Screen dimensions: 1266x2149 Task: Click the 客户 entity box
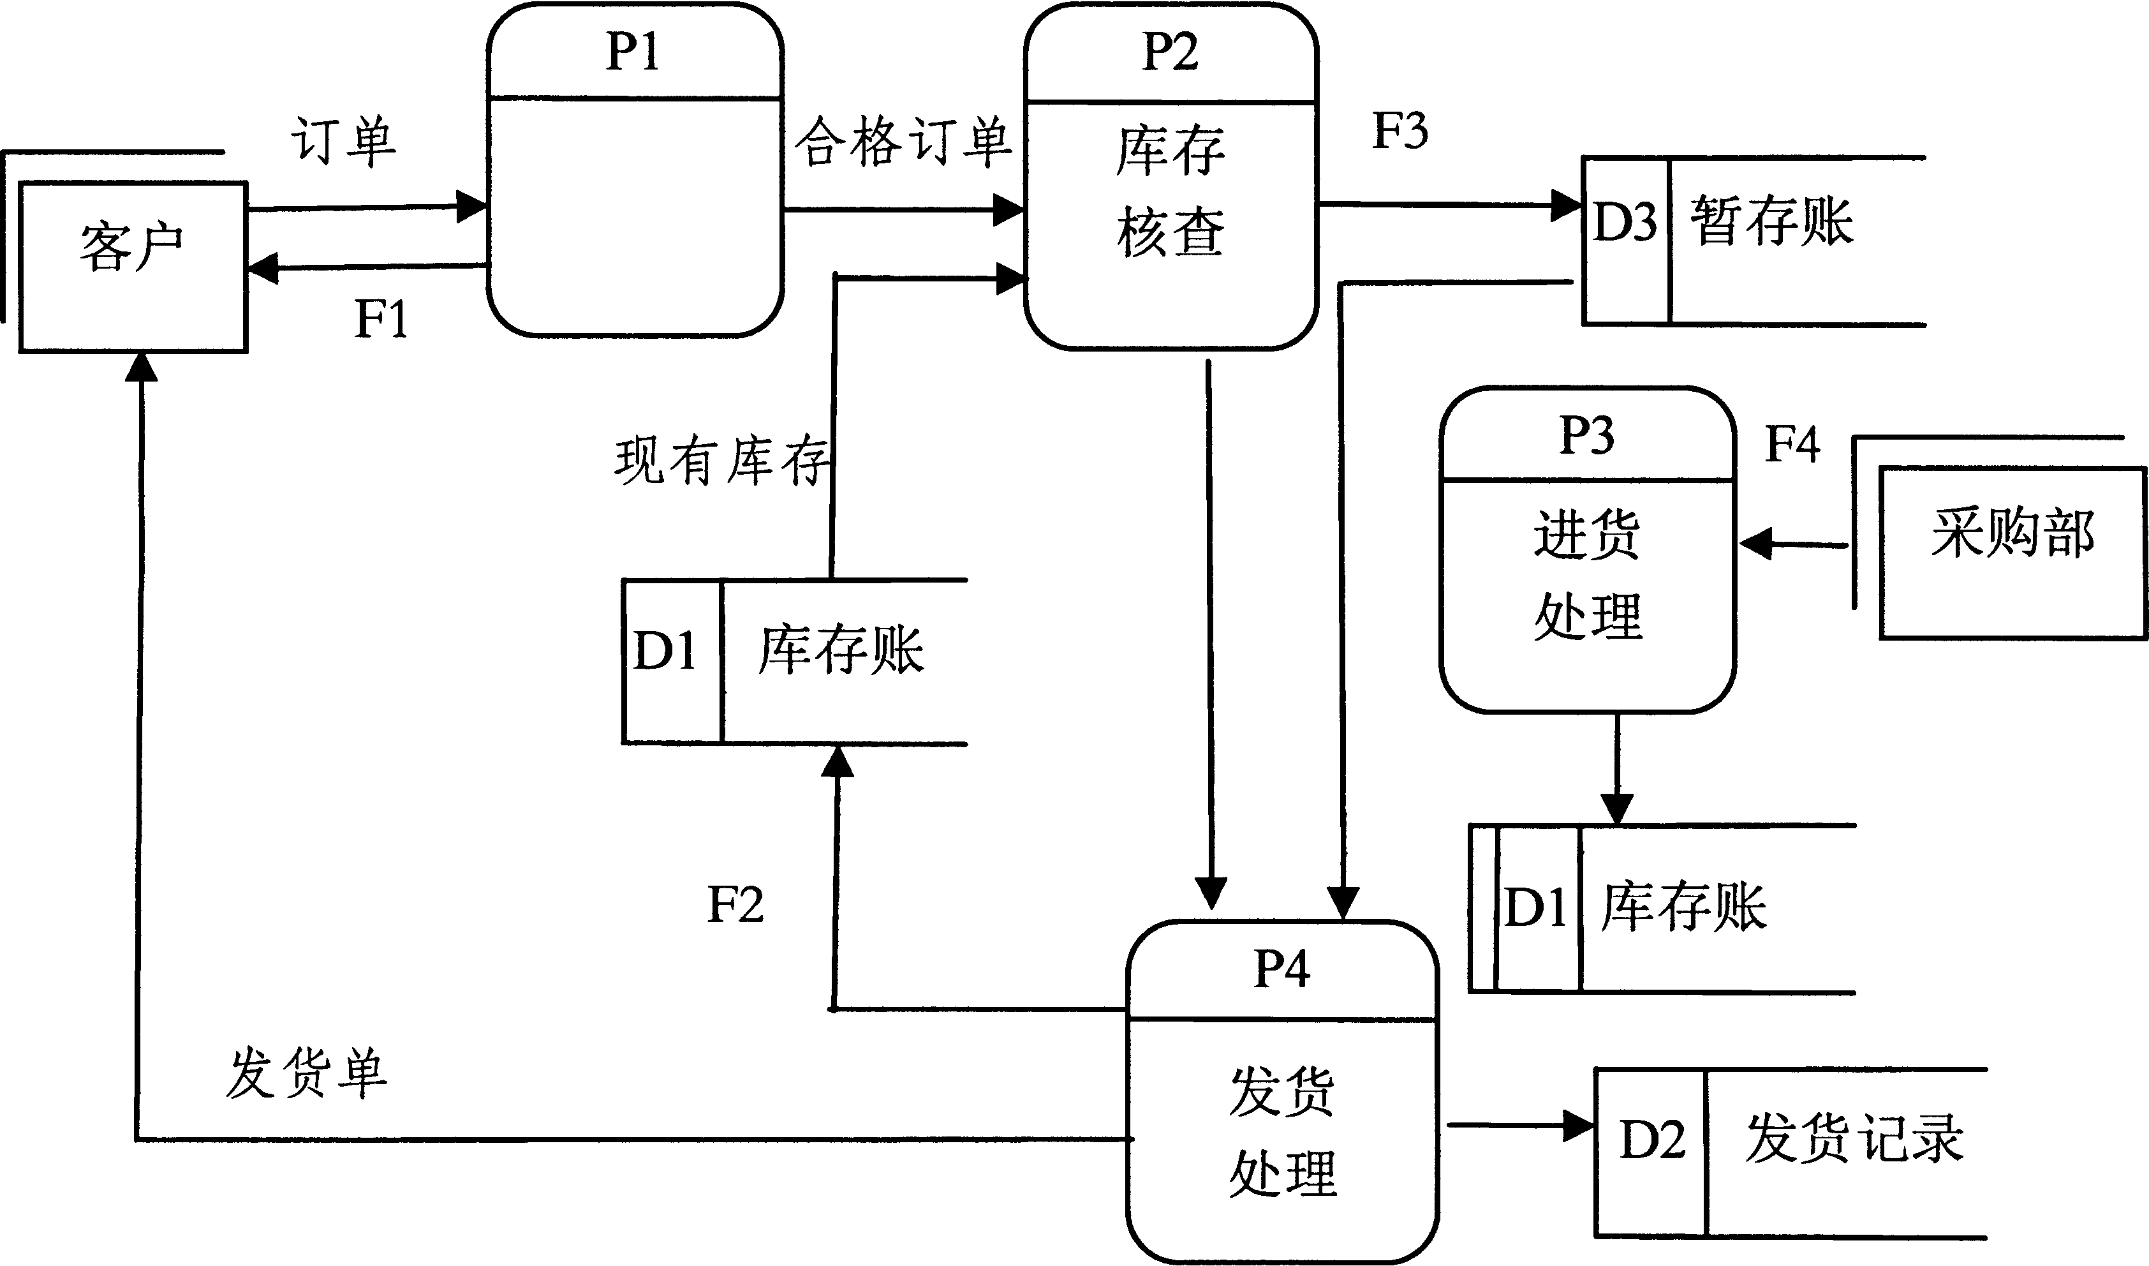(x=133, y=266)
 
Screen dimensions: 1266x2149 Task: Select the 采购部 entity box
(x=2012, y=552)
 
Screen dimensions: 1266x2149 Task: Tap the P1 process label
(x=633, y=53)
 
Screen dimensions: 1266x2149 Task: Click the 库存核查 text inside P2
(x=1170, y=192)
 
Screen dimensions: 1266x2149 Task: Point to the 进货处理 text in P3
(x=1587, y=576)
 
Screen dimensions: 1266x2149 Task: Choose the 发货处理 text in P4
(x=1281, y=1132)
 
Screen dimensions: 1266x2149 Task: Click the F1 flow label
(x=380, y=320)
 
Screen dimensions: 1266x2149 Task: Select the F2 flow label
(x=735, y=905)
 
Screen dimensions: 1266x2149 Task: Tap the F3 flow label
(x=1399, y=131)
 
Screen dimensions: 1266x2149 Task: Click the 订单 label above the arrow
(x=344, y=142)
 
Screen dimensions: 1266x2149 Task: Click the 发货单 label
(x=306, y=1073)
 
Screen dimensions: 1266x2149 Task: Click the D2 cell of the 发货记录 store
(x=1652, y=1140)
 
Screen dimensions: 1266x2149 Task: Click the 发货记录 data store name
(x=1855, y=1140)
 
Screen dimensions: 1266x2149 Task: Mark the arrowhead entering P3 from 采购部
(x=1755, y=544)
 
